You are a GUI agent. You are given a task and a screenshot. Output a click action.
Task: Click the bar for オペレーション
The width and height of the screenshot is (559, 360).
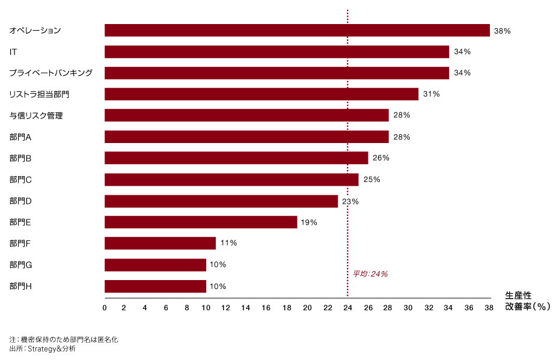[297, 30]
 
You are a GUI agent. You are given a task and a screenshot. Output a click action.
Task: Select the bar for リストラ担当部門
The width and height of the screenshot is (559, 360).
[261, 94]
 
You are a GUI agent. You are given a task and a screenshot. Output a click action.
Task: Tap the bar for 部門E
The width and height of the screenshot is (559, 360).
[201, 222]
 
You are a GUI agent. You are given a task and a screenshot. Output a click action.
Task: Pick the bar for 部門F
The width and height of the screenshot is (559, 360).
[160, 243]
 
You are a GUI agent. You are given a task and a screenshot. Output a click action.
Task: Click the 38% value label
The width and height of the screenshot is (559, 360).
[502, 31]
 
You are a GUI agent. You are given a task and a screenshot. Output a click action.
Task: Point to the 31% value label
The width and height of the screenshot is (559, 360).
[432, 94]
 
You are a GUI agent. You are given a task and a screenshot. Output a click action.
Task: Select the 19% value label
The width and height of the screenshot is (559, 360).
[309, 222]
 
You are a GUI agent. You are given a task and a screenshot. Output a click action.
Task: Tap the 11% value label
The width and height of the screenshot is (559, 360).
[228, 243]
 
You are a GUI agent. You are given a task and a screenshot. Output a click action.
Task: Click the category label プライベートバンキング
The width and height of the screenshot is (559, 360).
[50, 73]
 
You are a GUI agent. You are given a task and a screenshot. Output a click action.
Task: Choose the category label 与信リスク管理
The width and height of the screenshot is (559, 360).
[36, 115]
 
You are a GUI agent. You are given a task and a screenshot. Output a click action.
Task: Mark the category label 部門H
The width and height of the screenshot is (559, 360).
[21, 286]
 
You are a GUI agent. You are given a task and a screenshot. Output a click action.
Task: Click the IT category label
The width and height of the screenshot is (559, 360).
[13, 52]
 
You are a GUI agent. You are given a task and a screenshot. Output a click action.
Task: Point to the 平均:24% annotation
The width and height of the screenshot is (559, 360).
[370, 274]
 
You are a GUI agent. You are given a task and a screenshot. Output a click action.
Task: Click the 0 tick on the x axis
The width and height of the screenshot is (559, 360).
[105, 308]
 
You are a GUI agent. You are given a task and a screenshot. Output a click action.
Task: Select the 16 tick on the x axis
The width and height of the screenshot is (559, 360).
[266, 308]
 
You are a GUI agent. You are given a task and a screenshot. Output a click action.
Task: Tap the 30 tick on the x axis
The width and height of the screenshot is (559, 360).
[408, 308]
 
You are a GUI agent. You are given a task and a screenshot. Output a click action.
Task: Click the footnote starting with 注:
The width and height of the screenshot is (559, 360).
[64, 340]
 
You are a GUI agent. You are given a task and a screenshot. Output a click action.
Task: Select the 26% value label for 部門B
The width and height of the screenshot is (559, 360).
[381, 158]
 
